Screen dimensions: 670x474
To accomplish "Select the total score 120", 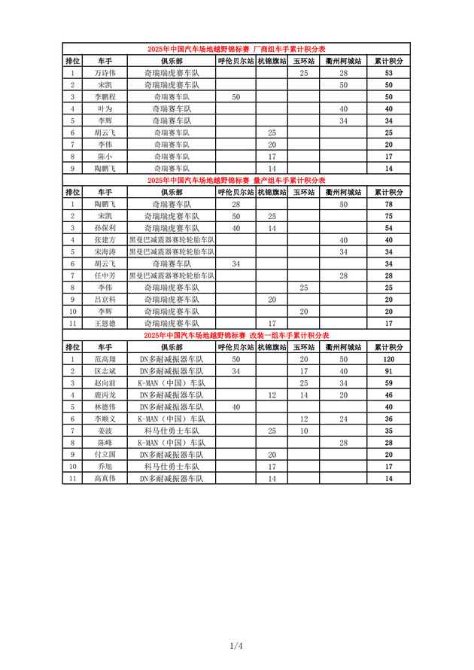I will [389, 359].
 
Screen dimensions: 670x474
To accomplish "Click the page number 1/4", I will [236, 645].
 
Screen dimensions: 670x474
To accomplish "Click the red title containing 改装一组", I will [236, 335].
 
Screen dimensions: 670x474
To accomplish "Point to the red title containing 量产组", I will [236, 180].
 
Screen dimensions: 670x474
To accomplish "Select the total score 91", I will [389, 371].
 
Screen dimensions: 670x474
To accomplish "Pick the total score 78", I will [389, 204].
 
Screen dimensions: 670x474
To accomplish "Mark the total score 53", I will [389, 73].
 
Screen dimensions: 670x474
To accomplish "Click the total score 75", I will [389, 216].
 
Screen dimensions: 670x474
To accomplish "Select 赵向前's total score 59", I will [389, 383].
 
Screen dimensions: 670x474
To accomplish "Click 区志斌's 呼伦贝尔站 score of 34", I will [235, 371].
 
